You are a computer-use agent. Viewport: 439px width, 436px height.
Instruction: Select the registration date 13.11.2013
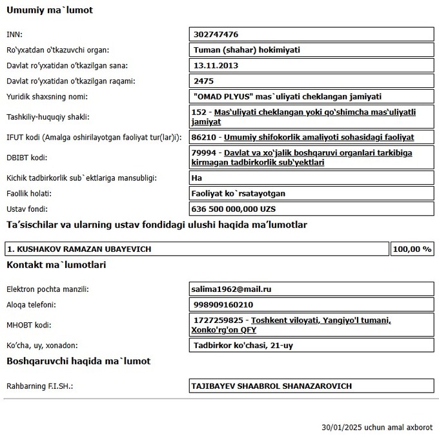pos(216,65)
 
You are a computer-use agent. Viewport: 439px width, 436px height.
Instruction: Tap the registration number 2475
pos(203,81)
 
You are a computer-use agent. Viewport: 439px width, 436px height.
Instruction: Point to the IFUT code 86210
pos(206,138)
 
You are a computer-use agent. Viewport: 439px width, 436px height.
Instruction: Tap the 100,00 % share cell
pos(412,249)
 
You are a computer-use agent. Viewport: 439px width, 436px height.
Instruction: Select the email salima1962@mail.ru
pos(230,289)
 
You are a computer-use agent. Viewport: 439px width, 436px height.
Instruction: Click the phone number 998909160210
pos(223,305)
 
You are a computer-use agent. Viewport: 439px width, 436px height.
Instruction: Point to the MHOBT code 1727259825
pos(218,320)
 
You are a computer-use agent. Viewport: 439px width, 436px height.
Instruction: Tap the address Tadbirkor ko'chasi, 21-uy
pos(243,346)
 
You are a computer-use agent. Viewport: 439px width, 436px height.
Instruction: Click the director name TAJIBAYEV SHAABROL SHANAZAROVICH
pos(272,386)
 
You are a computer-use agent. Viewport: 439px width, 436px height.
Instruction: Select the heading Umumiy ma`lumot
pos(50,11)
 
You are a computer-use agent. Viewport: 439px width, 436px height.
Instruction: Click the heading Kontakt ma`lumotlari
pos(56,265)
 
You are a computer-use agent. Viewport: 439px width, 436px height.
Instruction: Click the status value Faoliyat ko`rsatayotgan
pos(239,193)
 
